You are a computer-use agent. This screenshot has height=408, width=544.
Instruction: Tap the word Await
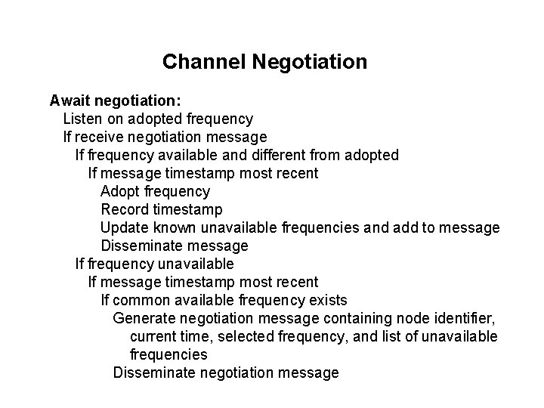[x=70, y=100]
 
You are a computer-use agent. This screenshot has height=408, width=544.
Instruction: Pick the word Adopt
[x=119, y=191]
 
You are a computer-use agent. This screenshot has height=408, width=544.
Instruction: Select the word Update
[x=122, y=227]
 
